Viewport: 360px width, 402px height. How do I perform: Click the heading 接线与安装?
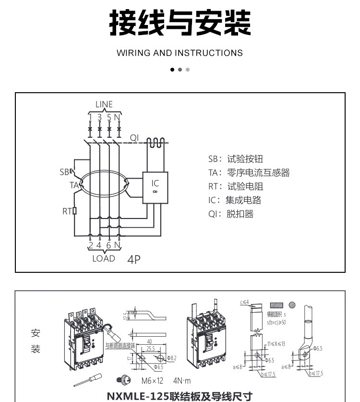(x=180, y=23)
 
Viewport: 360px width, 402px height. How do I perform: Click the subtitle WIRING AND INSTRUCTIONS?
(x=180, y=53)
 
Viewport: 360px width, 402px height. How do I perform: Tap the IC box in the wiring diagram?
(x=155, y=187)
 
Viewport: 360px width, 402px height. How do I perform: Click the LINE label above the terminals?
(x=104, y=104)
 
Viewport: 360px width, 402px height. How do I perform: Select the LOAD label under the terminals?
(x=104, y=258)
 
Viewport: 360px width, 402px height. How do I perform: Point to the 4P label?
(x=134, y=259)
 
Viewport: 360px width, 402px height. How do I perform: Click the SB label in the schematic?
(x=65, y=171)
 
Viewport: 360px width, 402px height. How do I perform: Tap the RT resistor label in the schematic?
(x=67, y=210)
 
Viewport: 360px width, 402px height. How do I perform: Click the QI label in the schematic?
(x=134, y=137)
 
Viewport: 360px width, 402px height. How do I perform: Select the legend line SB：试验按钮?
(x=235, y=159)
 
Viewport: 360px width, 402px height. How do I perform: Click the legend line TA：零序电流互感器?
(x=249, y=173)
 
